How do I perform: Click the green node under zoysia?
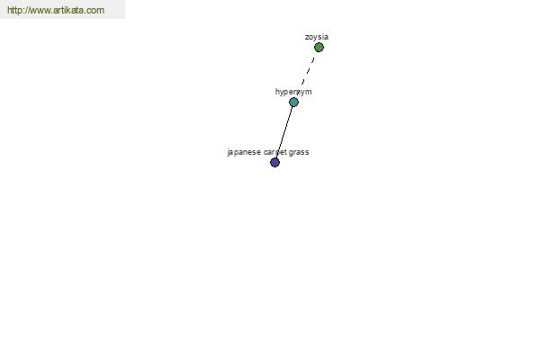click(x=319, y=47)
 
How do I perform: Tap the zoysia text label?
click(x=317, y=37)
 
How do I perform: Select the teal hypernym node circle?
click(x=293, y=102)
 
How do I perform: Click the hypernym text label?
click(x=293, y=92)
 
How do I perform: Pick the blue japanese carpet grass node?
click(x=274, y=162)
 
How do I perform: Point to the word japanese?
click(x=244, y=152)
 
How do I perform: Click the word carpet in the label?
click(x=275, y=152)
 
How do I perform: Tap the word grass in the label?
click(x=299, y=153)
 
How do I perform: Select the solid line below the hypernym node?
click(x=284, y=132)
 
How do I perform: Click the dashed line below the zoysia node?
click(x=308, y=70)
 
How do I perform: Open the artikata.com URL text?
click(x=56, y=10)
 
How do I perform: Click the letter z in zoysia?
click(x=307, y=37)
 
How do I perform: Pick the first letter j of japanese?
click(x=229, y=152)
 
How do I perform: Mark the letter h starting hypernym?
click(x=277, y=91)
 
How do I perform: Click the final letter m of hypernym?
click(x=309, y=92)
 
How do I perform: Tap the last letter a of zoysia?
click(x=327, y=37)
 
